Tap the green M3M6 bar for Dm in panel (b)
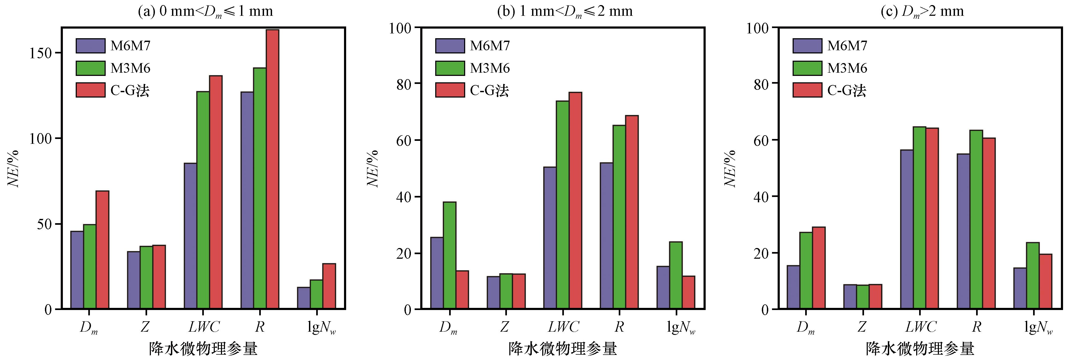[449, 255]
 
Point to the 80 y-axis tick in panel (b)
[400, 83]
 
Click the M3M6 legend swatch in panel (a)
[91, 68]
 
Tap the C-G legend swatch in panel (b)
[450, 90]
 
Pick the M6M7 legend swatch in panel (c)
[807, 46]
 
